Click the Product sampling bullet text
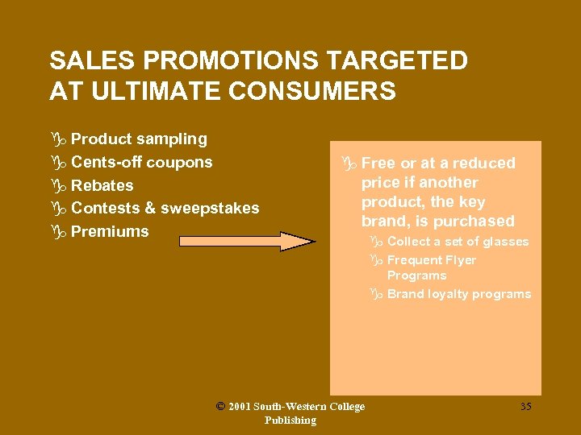[x=139, y=139]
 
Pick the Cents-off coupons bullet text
[x=141, y=162]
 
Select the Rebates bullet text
[x=102, y=185]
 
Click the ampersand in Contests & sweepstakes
[x=150, y=208]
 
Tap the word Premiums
[x=110, y=231]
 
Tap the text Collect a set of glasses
[x=458, y=242]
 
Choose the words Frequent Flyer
[x=432, y=260]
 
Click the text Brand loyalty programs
[x=459, y=294]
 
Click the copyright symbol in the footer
[x=220, y=406]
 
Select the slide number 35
[x=525, y=407]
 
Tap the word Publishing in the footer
[x=290, y=420]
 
